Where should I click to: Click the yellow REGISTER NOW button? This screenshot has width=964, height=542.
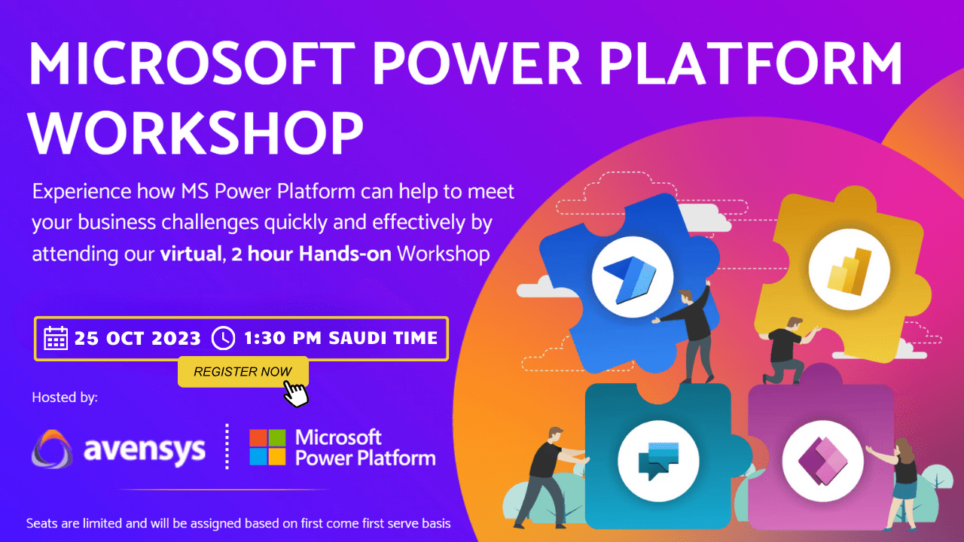(x=243, y=371)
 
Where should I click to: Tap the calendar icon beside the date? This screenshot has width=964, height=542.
(x=56, y=339)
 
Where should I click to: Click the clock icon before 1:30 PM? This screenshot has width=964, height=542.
(x=223, y=339)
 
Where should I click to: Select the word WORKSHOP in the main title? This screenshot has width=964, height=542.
(x=196, y=133)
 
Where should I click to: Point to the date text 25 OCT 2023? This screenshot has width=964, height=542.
(x=138, y=339)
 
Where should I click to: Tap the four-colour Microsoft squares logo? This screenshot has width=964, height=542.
(x=267, y=448)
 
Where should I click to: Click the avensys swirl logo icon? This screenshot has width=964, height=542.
(x=53, y=449)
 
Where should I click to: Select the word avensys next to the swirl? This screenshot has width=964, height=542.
(x=144, y=449)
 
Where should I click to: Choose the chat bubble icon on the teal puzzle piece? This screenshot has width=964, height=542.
(x=658, y=461)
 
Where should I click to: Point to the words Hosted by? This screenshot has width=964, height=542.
(x=65, y=397)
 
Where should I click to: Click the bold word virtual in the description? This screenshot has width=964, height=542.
(x=191, y=254)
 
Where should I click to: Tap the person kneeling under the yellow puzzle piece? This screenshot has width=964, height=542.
(x=785, y=351)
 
